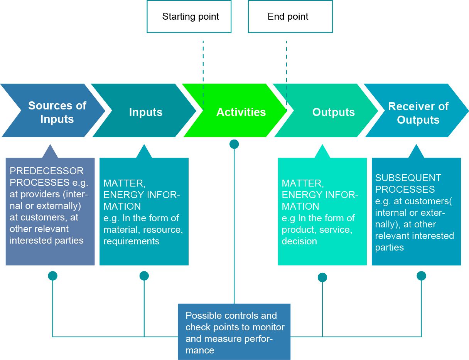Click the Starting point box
(x=189, y=17)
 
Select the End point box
(x=290, y=17)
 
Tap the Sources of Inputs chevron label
(x=57, y=112)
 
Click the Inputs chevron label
(x=146, y=112)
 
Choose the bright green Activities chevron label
(x=241, y=112)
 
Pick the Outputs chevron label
(x=333, y=112)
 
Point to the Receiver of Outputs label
(x=418, y=113)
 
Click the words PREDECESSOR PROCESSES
(x=46, y=177)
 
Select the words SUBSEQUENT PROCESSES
(x=408, y=183)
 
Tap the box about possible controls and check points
(x=234, y=332)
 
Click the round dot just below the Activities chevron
(x=234, y=144)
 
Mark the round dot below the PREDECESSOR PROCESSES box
(x=52, y=276)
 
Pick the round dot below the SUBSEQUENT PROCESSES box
(x=421, y=276)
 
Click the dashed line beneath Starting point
(x=203, y=62)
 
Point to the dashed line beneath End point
(x=286, y=62)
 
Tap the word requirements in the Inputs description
(x=131, y=241)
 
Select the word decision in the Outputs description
(x=299, y=241)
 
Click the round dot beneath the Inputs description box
(x=144, y=276)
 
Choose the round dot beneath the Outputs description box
(x=322, y=277)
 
